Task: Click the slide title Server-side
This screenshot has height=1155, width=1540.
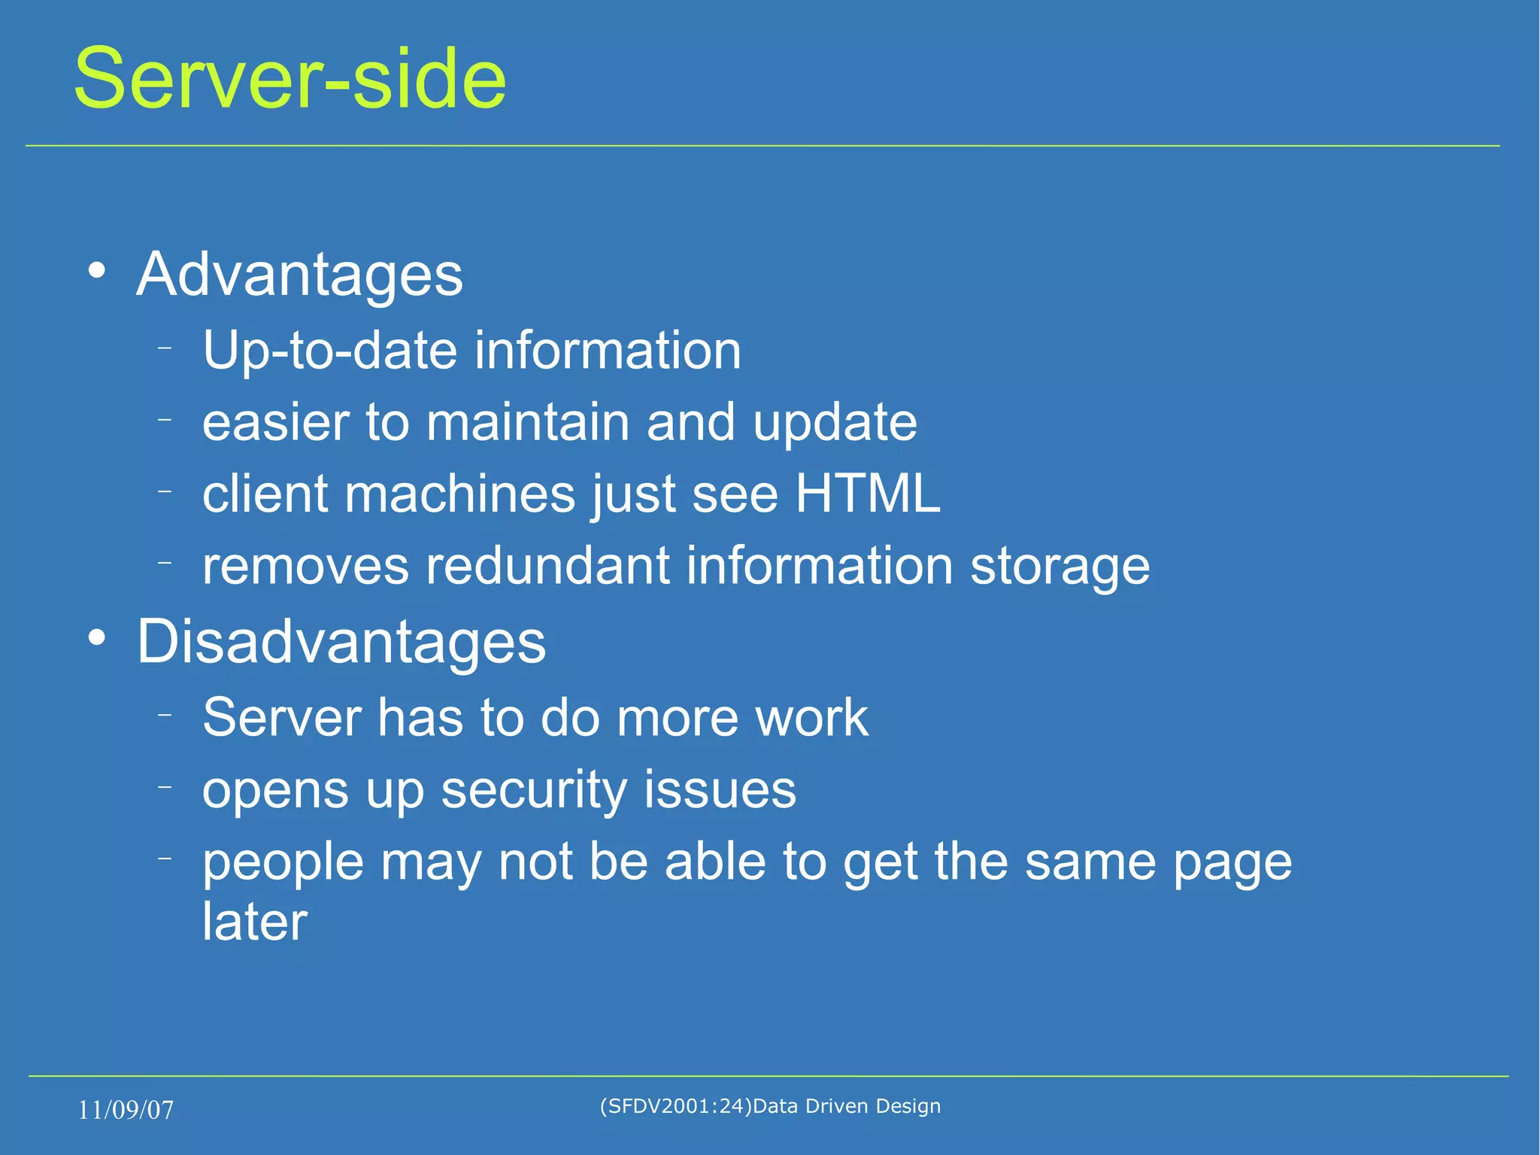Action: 290,79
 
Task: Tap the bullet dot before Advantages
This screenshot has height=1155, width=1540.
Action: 96,271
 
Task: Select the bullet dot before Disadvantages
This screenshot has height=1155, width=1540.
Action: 96,638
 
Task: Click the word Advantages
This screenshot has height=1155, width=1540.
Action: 299,275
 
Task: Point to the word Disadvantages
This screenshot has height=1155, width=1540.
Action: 341,643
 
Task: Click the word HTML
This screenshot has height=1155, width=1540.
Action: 867,494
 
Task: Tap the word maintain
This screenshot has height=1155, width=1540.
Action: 528,422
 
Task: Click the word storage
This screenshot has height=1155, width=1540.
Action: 1060,567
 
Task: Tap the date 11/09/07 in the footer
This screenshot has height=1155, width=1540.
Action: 126,1110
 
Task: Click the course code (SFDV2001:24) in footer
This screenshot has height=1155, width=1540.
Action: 675,1106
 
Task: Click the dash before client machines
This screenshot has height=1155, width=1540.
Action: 165,491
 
